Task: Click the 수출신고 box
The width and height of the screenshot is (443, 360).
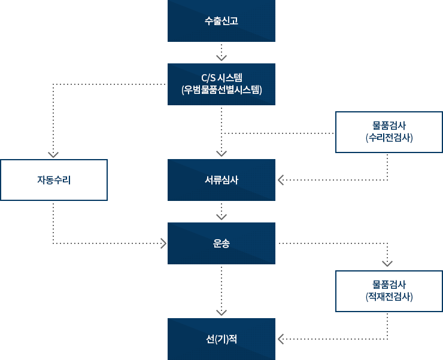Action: (x=221, y=21)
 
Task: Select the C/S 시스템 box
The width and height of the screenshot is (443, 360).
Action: (x=221, y=84)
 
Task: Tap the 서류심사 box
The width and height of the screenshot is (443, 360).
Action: (x=221, y=179)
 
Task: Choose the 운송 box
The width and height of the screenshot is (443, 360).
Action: (x=221, y=243)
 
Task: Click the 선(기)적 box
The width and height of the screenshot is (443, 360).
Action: (x=221, y=338)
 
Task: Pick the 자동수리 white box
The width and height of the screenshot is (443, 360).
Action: (x=54, y=179)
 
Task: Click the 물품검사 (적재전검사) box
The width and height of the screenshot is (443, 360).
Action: (x=389, y=291)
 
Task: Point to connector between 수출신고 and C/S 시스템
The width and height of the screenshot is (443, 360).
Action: (x=221, y=53)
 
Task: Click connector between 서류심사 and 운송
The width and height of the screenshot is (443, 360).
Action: (x=221, y=212)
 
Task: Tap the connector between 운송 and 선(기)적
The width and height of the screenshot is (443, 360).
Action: (x=221, y=291)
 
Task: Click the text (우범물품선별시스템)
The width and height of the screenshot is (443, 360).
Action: (x=221, y=90)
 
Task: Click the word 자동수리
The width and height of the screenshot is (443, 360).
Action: (x=54, y=179)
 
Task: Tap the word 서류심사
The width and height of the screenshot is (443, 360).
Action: (x=221, y=179)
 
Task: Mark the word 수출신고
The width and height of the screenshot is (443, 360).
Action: (x=221, y=21)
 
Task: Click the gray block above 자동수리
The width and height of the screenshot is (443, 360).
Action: (x=106, y=120)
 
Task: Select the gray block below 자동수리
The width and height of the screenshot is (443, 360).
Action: (x=109, y=225)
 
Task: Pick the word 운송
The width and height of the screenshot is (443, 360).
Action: (x=221, y=243)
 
